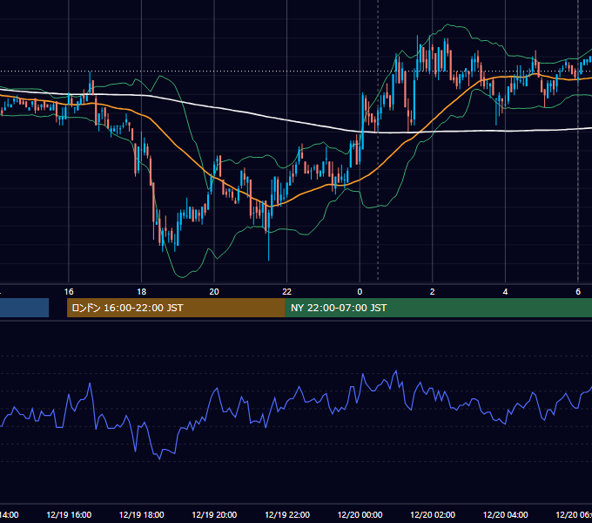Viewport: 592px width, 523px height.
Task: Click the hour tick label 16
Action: tap(69, 292)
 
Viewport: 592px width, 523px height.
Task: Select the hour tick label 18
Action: tap(141, 292)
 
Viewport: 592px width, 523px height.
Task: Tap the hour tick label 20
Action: tap(214, 292)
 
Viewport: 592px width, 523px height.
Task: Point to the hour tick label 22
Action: tap(287, 292)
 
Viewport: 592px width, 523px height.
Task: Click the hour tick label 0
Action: tap(360, 292)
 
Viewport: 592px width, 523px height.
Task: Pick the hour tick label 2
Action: tap(433, 292)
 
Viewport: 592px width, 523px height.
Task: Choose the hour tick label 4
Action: tap(505, 292)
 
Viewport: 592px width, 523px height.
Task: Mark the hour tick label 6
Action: tap(578, 292)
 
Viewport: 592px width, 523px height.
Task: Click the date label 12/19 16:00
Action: tap(69, 515)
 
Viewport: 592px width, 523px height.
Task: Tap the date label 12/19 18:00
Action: tap(142, 515)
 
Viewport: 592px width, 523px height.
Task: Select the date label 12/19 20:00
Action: tap(214, 515)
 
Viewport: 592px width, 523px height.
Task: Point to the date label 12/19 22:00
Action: tap(287, 515)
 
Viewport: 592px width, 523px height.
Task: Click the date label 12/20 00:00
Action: tap(360, 515)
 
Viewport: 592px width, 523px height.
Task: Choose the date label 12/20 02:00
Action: tap(433, 515)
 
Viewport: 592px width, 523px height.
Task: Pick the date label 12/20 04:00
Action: tap(506, 515)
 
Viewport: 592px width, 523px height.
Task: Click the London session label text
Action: tap(127, 308)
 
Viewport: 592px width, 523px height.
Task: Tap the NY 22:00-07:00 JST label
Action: tap(339, 308)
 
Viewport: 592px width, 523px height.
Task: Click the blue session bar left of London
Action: tap(24, 308)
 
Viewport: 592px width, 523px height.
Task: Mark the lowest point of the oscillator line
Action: tap(159, 459)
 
